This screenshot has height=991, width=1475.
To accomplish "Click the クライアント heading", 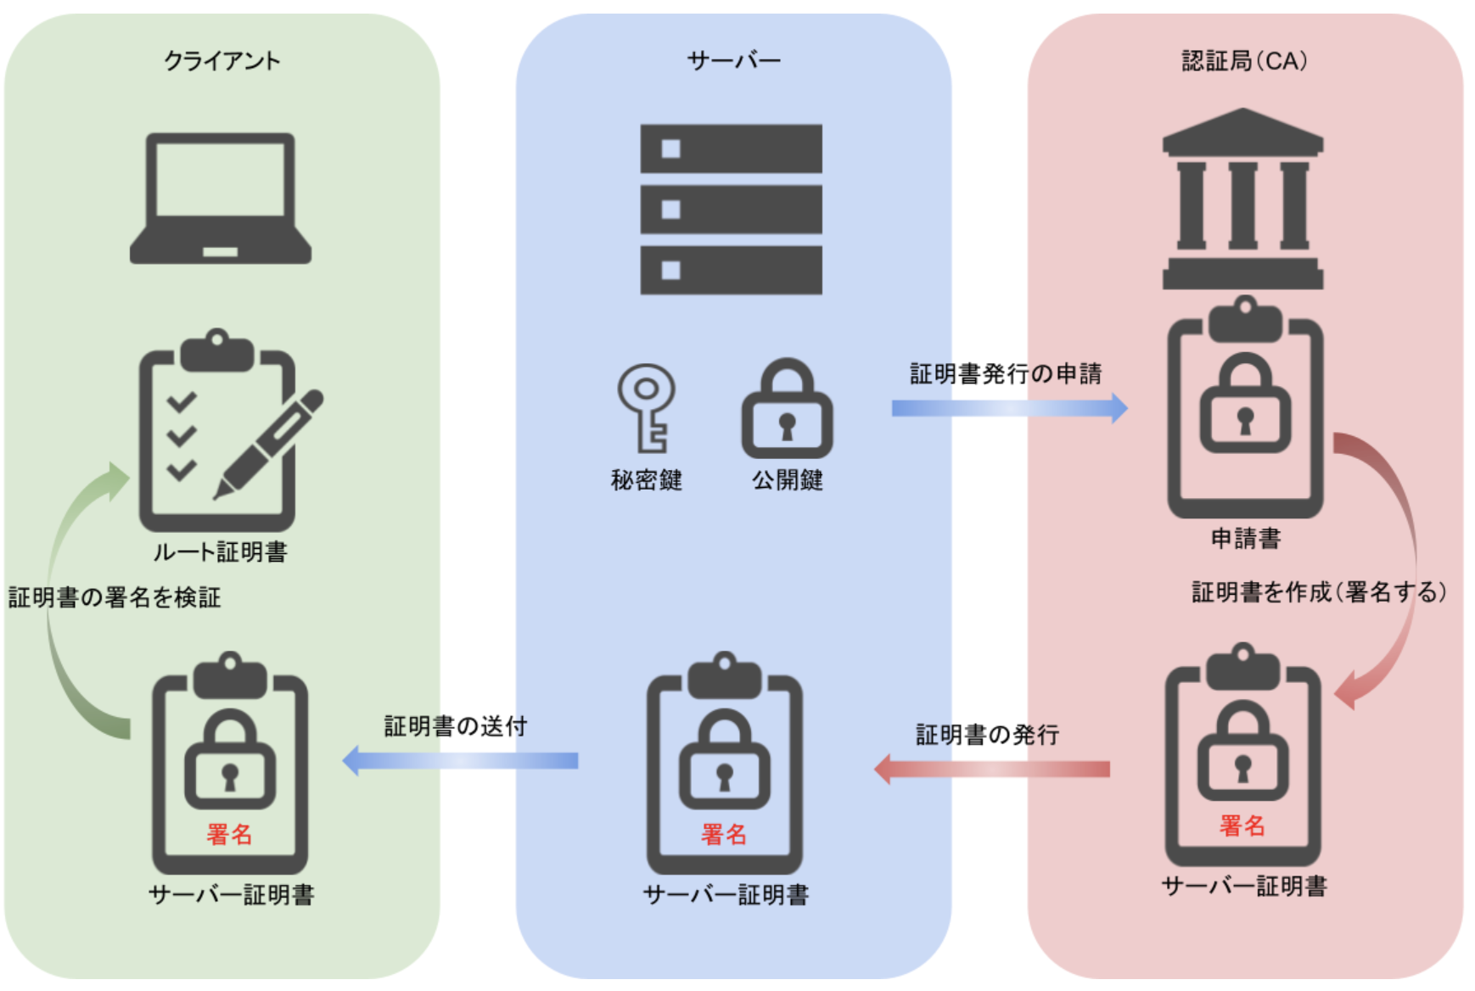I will click(x=222, y=61).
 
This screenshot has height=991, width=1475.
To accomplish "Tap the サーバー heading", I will click(x=733, y=61).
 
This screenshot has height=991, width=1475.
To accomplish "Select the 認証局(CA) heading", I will click(x=1244, y=61).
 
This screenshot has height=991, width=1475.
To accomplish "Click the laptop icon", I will click(x=221, y=199).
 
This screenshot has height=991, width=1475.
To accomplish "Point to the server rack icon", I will click(x=731, y=210).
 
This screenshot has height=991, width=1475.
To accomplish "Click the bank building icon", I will click(x=1242, y=199).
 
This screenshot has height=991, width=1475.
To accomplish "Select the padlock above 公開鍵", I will click(x=787, y=411).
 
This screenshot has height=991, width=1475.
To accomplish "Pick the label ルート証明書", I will click(x=220, y=552).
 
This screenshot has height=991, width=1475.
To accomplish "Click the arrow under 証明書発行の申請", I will click(x=1009, y=408).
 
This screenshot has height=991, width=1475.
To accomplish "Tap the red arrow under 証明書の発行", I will click(x=991, y=769).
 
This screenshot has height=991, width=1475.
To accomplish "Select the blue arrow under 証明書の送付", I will click(x=460, y=760).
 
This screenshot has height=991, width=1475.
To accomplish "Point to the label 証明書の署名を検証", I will click(x=115, y=597).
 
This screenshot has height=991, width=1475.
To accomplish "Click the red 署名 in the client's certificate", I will click(x=229, y=834).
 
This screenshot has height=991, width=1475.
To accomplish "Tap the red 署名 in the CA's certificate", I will click(x=1242, y=826).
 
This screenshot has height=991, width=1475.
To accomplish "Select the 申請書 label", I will click(x=1245, y=539).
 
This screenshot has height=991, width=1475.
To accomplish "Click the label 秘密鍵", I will click(x=646, y=480).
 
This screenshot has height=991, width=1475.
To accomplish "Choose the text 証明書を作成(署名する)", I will click(x=1319, y=592).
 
